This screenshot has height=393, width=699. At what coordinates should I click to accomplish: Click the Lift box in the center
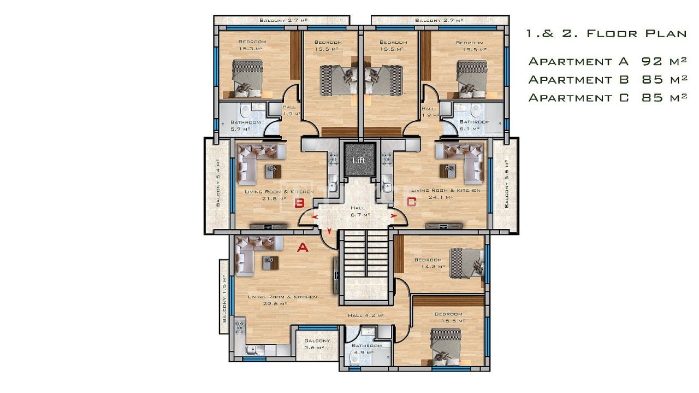359,160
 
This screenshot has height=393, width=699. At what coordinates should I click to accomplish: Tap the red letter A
302,248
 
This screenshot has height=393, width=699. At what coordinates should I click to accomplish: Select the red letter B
299,203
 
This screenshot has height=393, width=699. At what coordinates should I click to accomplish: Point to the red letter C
411,202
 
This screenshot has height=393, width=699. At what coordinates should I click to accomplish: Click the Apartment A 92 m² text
607,61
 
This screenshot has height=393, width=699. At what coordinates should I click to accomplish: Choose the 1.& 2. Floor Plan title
606,33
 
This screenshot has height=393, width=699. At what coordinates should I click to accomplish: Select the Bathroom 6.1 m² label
474,125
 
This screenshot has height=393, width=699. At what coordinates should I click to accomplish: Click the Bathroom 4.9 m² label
366,349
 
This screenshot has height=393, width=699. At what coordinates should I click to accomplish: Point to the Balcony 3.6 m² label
317,344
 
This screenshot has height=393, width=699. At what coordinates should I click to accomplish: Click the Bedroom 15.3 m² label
252,45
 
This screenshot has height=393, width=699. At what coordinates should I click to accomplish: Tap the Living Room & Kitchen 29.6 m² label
282,300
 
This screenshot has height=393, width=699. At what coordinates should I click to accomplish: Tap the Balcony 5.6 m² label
507,184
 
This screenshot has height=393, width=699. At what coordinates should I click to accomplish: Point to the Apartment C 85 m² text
607,98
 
